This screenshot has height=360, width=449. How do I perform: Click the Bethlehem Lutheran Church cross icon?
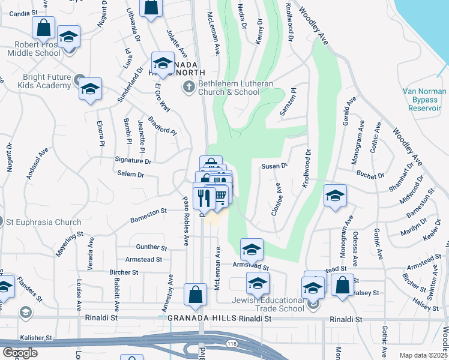coord(188,88)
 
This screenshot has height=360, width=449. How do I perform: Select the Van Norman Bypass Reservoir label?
coord(424,99)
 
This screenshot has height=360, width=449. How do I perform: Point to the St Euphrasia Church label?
coord(43,222)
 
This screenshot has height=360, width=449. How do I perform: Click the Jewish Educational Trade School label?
coord(268,304)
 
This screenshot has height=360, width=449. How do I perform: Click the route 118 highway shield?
coord(232,343)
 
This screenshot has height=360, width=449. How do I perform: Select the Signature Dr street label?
coord(133,161)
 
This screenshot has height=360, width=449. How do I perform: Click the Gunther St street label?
coord(151,247)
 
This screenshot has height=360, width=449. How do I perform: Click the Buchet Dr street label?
coord(370,176)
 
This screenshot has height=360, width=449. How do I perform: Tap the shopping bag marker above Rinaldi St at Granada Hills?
coord(196,295)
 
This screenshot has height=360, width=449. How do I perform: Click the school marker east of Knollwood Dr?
coord(335,196)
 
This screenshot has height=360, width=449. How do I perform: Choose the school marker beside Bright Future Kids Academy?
coord(90,89)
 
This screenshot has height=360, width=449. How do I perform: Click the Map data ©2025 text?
coord(424,355)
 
